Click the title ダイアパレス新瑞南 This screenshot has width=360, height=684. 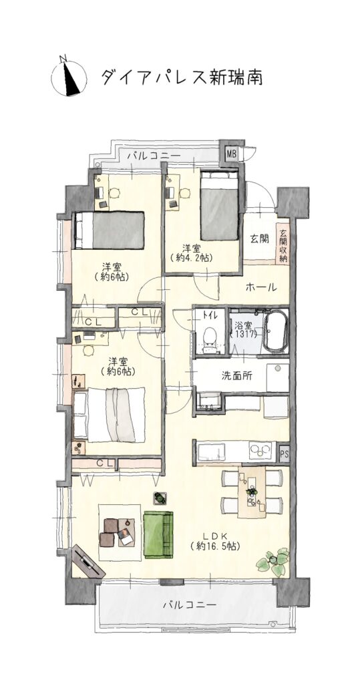[x=182, y=77]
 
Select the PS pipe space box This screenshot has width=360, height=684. [x=284, y=454]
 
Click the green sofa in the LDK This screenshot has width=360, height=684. [x=158, y=534]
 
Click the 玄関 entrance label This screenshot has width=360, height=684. [x=259, y=239]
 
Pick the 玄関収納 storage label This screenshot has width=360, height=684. [x=283, y=246]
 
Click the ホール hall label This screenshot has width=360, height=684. [x=261, y=287]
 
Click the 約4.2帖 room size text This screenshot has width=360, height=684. [x=192, y=258]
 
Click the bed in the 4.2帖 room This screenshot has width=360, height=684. [x=220, y=204]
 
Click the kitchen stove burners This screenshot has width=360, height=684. [x=260, y=450]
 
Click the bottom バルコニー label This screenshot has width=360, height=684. [x=190, y=605]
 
